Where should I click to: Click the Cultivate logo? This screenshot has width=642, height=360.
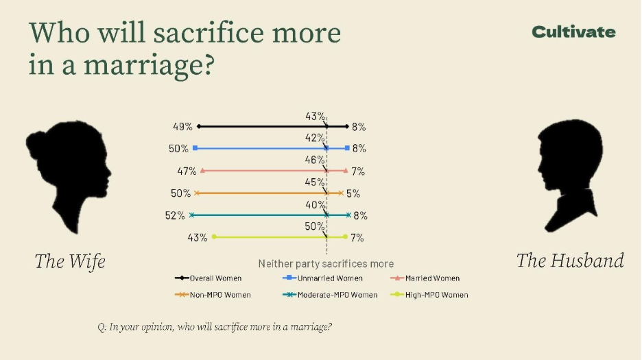point(573,32)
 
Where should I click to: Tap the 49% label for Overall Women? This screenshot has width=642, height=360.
point(182,127)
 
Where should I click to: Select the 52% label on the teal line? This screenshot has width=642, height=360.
point(175,215)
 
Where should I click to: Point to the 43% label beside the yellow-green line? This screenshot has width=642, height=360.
point(198,238)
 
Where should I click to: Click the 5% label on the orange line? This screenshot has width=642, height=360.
point(353,193)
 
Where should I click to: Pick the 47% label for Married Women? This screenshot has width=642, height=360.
point(187,171)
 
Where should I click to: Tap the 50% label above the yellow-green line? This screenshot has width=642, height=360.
point(315,226)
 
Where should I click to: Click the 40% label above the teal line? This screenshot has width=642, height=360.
point(315,204)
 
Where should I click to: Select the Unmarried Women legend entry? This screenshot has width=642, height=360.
point(322,278)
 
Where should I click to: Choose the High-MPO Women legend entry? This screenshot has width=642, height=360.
point(429,295)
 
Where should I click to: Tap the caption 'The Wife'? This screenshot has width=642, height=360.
point(70,261)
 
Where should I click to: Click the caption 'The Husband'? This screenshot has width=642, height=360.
point(570,261)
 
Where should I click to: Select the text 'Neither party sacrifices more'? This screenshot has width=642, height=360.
point(326,263)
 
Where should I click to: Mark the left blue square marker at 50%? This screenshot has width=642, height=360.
point(195,148)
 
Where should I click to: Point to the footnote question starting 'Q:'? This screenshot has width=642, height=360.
point(215,326)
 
